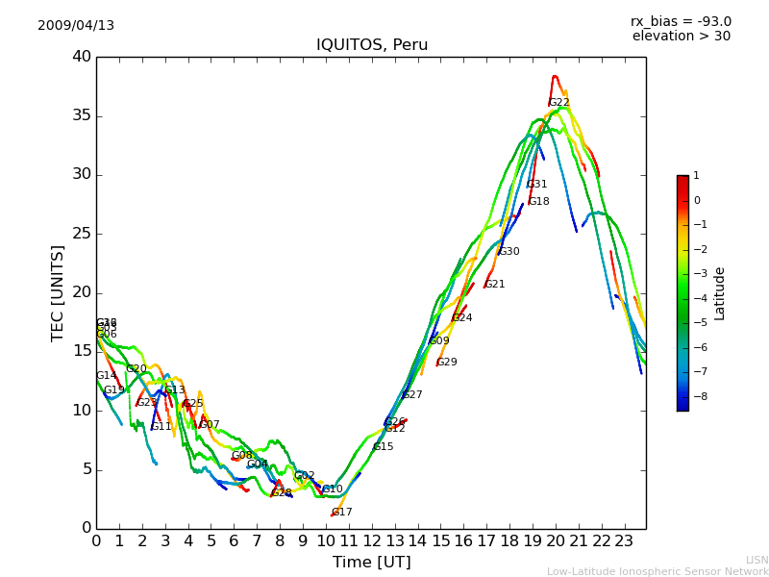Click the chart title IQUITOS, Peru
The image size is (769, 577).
click(372, 45)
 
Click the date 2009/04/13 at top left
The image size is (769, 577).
click(76, 26)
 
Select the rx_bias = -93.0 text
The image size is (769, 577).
click(681, 22)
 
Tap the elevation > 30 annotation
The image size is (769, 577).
click(681, 37)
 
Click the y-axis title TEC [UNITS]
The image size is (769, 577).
click(58, 292)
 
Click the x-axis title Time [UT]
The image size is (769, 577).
click(371, 563)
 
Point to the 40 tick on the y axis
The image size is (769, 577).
click(81, 57)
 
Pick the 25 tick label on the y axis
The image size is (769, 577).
click(81, 234)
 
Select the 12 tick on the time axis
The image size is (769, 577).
click(372, 541)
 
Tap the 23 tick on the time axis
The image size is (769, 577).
click(624, 541)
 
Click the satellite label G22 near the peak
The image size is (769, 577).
click(558, 103)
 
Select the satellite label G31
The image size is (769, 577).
click(536, 185)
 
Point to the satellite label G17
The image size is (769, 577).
click(342, 513)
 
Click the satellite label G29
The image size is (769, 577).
click(447, 363)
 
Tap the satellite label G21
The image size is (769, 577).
click(494, 285)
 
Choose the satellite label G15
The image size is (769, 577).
click(383, 447)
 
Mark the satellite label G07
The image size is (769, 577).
click(210, 425)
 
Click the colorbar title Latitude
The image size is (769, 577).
click(720, 293)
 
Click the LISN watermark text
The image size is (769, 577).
click(757, 560)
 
